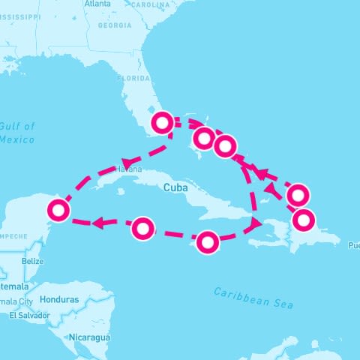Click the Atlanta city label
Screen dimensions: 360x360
(97, 4)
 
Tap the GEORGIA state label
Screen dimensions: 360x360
(114, 25)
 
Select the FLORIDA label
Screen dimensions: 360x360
(132, 77)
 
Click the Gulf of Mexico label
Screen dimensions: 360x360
(17, 132)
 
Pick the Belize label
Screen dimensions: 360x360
(33, 262)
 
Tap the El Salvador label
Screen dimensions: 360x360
(29, 315)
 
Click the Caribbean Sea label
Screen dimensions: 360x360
(253, 297)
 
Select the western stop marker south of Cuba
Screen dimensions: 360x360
(142, 227)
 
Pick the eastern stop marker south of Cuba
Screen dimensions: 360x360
(208, 241)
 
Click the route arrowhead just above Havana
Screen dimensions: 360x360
(128, 161)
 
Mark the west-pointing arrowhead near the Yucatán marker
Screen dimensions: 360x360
(98, 222)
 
